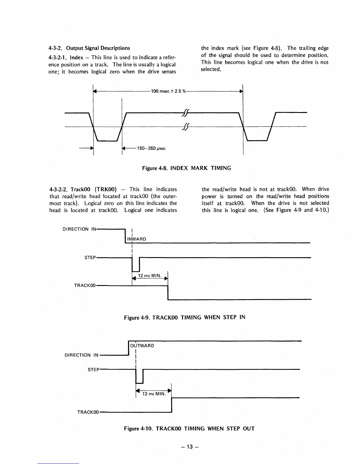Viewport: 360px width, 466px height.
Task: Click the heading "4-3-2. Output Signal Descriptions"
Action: (89, 48)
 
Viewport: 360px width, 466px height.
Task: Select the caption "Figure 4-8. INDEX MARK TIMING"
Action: (186, 168)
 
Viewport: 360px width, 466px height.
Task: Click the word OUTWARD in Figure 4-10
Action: (142, 345)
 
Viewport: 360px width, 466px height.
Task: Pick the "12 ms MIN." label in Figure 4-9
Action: (150, 276)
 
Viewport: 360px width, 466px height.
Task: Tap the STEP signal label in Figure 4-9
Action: (90, 258)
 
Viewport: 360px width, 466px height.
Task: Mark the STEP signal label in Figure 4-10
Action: (94, 370)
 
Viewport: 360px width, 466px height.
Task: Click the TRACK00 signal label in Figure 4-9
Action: (85, 285)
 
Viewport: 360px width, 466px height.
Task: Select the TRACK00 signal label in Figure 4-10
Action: (88, 412)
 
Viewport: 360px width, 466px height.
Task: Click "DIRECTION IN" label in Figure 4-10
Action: (81, 355)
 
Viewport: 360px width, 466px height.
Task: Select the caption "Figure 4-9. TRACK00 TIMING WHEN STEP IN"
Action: (184, 317)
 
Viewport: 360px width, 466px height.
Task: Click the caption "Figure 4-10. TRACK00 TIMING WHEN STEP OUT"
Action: (189, 428)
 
